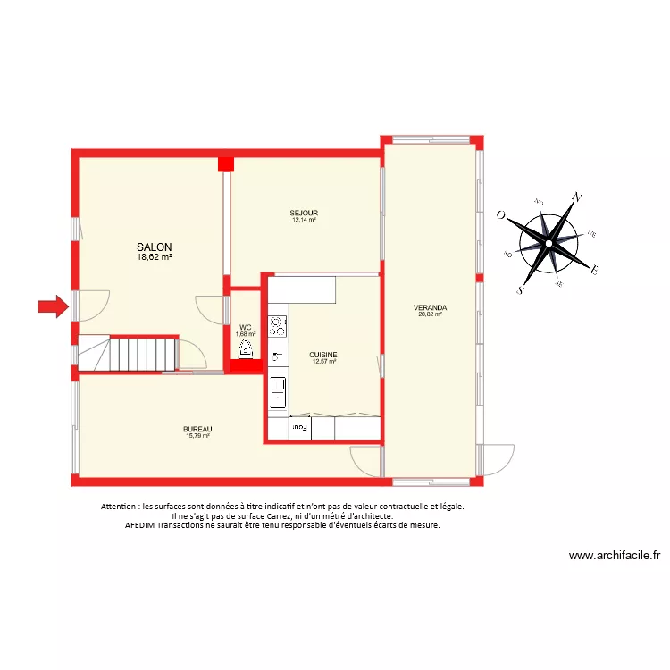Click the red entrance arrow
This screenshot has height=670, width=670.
53,306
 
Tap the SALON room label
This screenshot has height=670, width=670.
155,247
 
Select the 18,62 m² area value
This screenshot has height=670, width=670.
155,256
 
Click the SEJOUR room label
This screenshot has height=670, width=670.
304,213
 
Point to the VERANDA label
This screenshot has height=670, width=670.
431,307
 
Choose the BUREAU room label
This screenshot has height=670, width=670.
197,429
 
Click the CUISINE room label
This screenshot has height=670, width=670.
323,355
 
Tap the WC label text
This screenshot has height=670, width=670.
246,327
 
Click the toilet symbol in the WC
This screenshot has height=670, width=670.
246,350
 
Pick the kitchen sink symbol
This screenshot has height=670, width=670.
277,356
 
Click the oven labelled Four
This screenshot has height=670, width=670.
299,430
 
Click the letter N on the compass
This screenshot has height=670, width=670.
578,197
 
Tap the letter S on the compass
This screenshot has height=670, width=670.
521,289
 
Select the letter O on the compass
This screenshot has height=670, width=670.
502,214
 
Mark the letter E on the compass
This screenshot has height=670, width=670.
596,270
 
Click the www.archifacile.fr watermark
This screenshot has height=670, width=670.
615,555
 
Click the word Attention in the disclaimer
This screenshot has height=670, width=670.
121,507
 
